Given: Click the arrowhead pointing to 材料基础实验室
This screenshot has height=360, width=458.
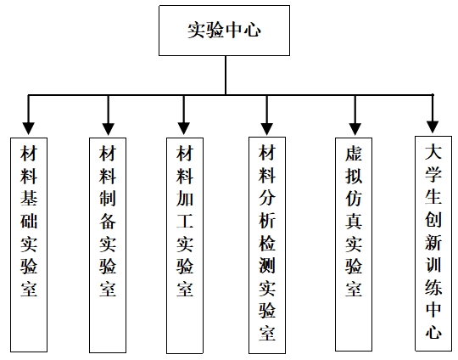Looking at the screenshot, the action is pos(29,128).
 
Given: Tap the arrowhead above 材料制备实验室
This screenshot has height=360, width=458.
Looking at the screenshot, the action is pos(108,129).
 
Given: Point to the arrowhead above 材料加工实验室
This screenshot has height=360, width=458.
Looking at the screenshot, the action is pos(184,128).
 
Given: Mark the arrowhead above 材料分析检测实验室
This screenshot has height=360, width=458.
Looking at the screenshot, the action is pos(266,129).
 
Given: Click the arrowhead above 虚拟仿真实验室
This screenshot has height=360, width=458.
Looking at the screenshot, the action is pos(355,129).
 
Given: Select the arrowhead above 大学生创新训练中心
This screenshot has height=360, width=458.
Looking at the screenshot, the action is pos(433,127).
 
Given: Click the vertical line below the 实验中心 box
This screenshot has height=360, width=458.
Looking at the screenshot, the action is pos(226,76).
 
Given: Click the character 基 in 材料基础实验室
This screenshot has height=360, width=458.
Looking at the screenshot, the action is pos(29,198).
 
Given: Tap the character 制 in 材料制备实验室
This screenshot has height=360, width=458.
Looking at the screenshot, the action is pos(108,198).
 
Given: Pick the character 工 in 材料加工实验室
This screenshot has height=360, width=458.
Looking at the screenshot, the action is pos(185,221).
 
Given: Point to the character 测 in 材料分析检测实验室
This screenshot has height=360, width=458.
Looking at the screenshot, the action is pos(267,265).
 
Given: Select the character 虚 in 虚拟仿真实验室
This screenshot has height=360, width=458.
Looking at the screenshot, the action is pos(354,153).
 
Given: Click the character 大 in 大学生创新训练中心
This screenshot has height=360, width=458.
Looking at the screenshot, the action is pos(433,151).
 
